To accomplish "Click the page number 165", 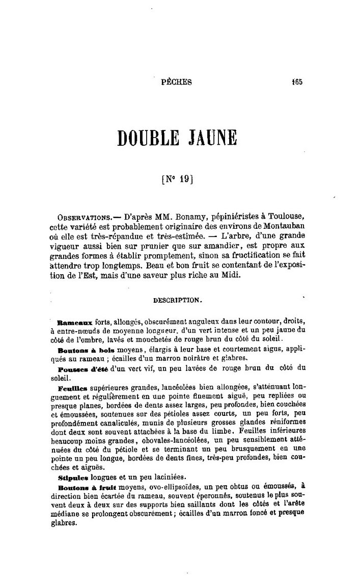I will (297, 81).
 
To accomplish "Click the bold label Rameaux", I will (75, 323).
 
